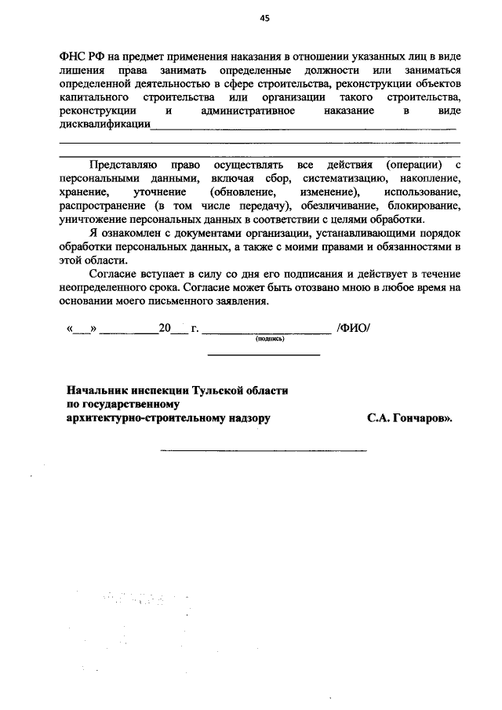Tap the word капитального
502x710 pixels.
point(93,97)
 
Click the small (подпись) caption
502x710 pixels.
point(269,340)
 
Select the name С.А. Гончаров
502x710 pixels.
point(408,418)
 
